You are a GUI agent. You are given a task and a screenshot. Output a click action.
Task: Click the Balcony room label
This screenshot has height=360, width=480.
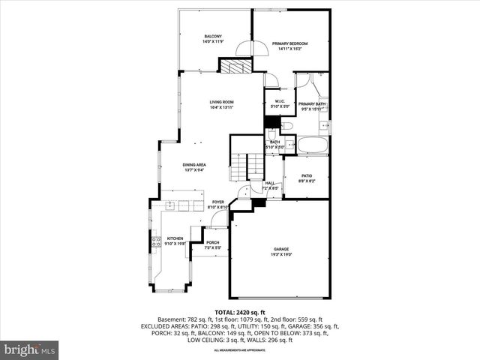pos(214,37)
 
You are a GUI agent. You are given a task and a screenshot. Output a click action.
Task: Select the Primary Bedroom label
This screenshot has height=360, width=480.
pos(290,43)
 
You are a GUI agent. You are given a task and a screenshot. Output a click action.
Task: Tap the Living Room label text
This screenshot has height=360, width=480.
pos(221,102)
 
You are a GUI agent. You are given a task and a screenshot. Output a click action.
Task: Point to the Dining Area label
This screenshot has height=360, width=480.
pos(194,165)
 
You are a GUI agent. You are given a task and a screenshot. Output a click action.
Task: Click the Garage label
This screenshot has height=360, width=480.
pos(281,249)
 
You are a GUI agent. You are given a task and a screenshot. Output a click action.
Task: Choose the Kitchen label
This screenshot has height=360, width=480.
pos(175,238)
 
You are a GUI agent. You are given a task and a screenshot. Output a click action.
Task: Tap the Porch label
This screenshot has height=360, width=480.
pos(213,242)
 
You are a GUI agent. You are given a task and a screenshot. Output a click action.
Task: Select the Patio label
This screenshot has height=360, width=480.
pos(307,176)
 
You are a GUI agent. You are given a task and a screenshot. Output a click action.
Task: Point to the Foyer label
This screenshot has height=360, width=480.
pos(217,202)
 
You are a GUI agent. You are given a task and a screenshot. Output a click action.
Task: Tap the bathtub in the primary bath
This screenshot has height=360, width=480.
pos(312,145)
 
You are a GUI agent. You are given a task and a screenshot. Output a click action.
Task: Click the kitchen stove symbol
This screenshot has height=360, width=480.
pos(157,241)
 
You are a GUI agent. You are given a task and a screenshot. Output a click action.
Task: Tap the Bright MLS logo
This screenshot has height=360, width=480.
pos(30,349)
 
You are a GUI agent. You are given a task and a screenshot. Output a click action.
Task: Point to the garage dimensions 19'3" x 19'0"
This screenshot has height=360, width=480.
pos(281,254)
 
